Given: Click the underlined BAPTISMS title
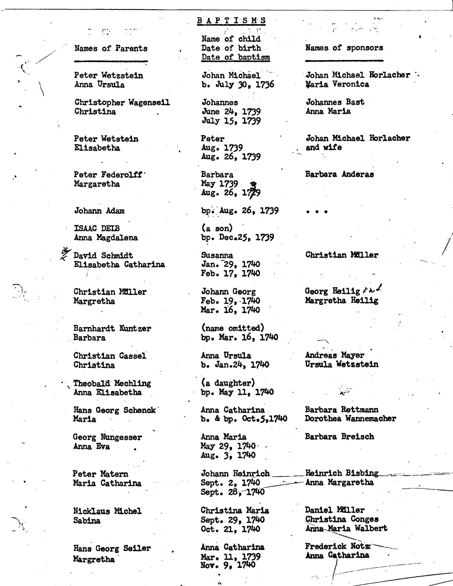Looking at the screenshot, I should pos(231,21).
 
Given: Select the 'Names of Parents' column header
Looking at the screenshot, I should pos(111,48).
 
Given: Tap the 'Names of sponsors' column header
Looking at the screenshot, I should pos(344,48).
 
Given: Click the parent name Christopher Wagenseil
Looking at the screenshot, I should pos(122,102).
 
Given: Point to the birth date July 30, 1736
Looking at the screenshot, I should pos(238,85).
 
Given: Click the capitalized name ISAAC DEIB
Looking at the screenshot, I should pos(97,228).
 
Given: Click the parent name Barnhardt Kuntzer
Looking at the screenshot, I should pos(112,328).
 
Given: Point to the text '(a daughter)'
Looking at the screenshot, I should pos(228,383).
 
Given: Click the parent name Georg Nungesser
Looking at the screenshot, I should pos(107,437).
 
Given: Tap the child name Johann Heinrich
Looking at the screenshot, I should pos(235,474).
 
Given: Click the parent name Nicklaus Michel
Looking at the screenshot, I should pos(107,511).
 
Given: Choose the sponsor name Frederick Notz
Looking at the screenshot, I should pos(338,546).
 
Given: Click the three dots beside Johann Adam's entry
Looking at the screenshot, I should pos(317,212).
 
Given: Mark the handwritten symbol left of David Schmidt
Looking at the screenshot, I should pos(65,253).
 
